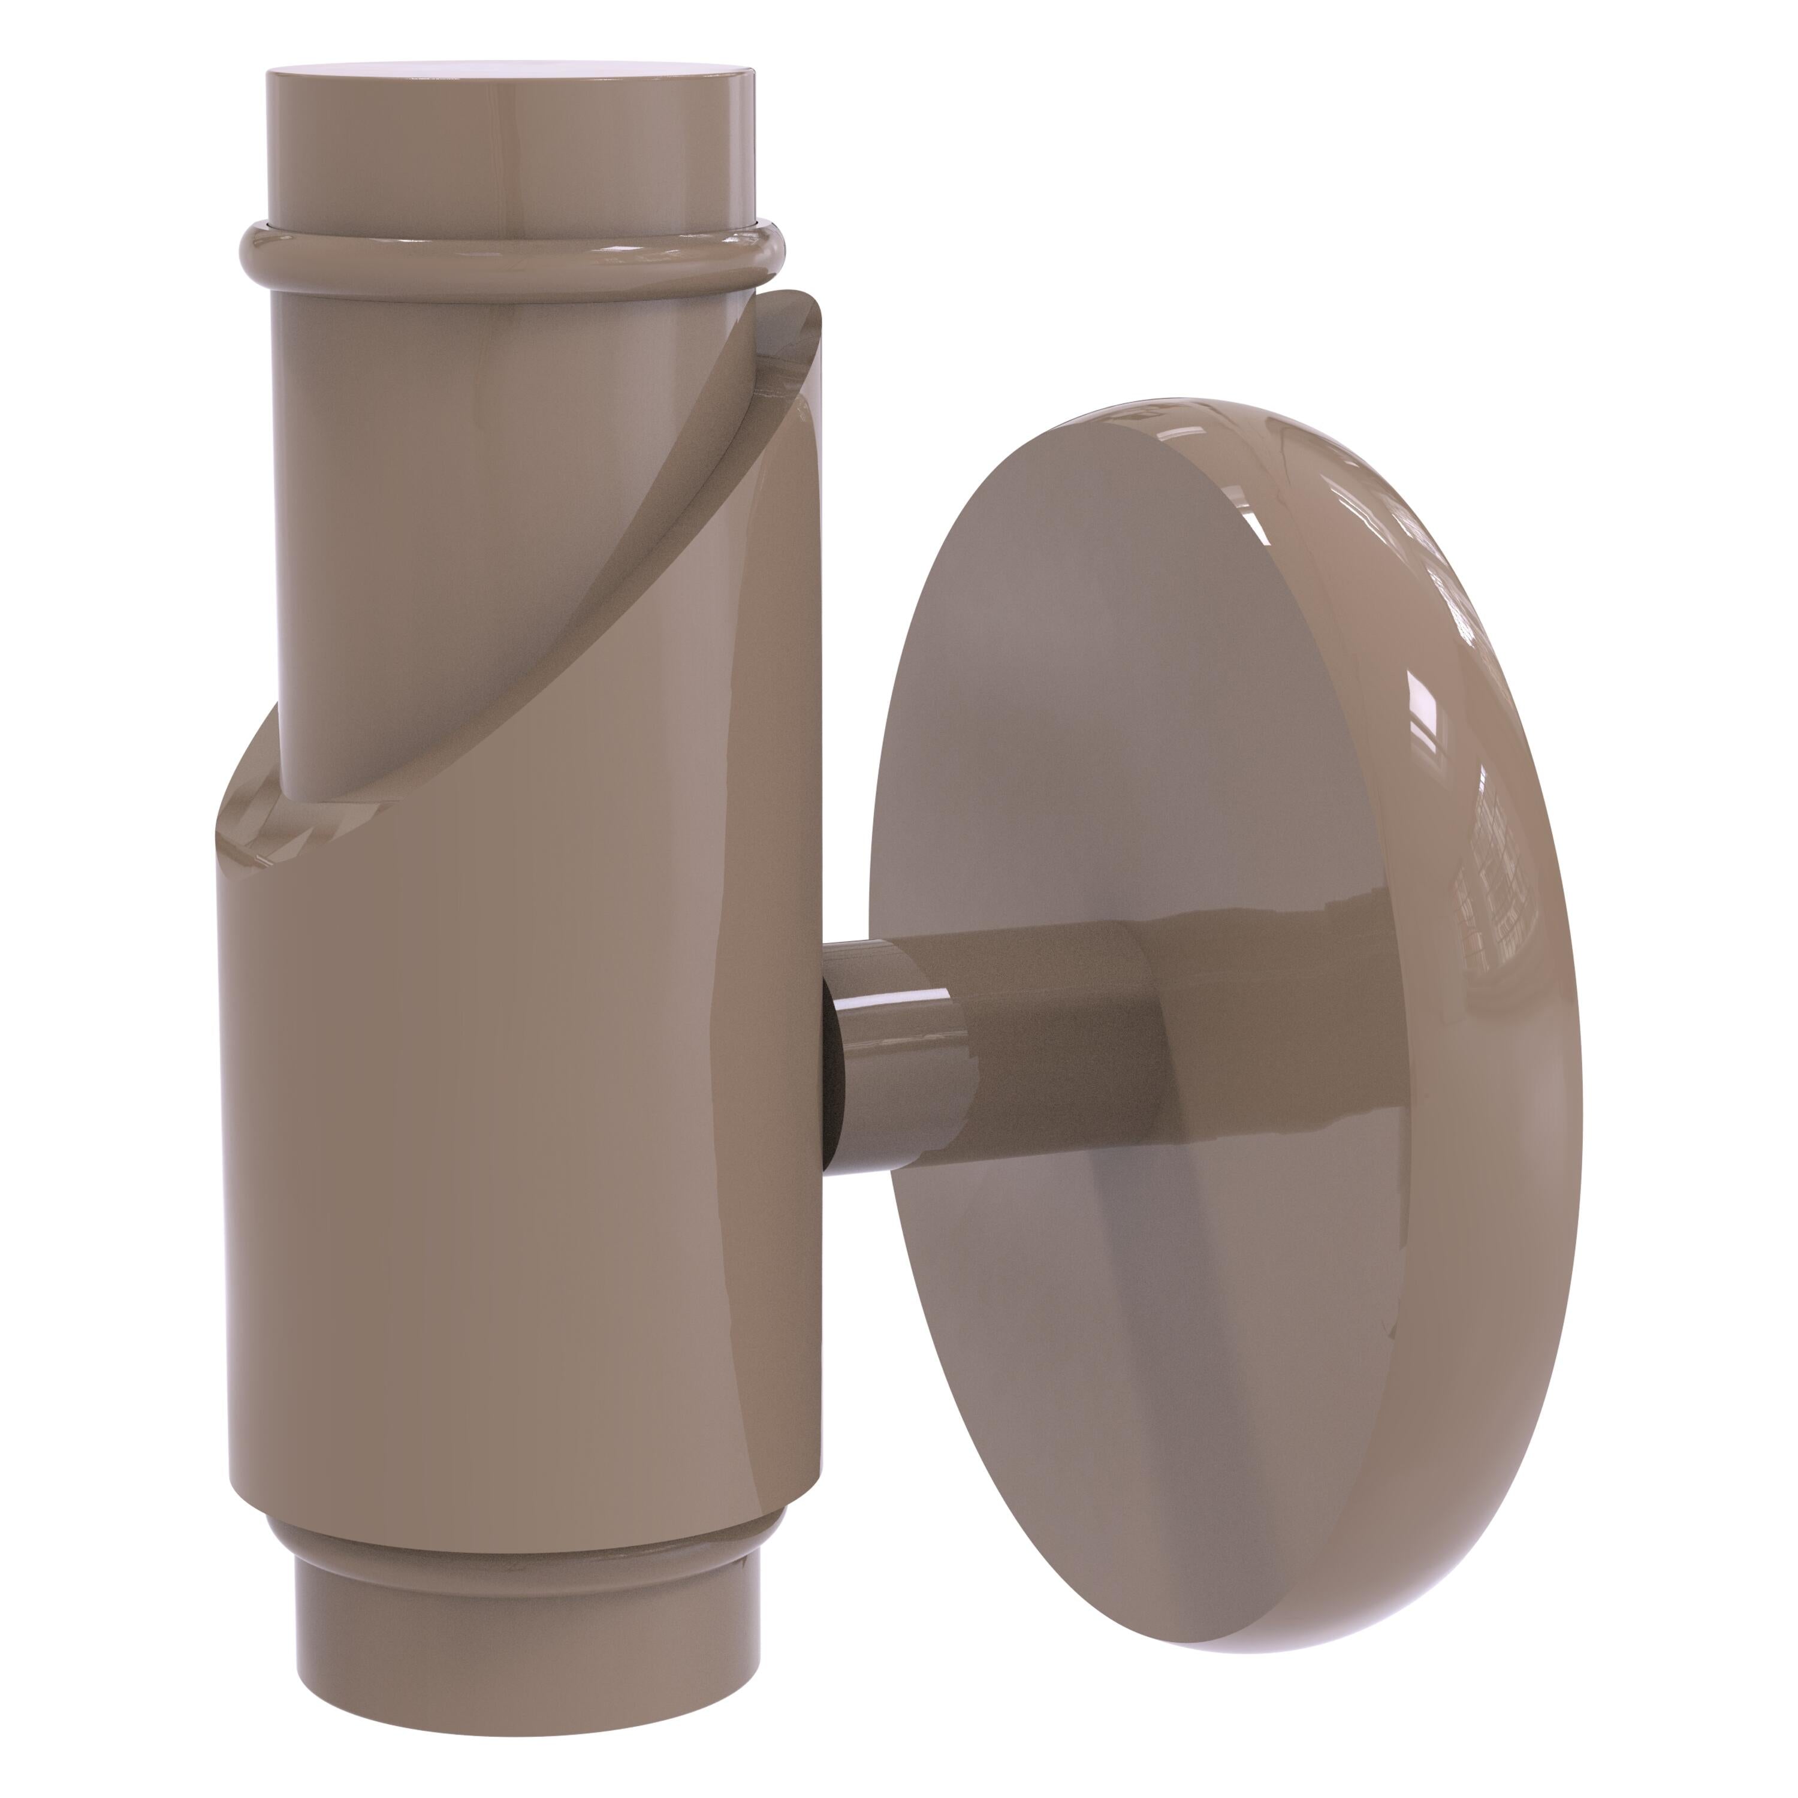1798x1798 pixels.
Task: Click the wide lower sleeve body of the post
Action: (521, 1117)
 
